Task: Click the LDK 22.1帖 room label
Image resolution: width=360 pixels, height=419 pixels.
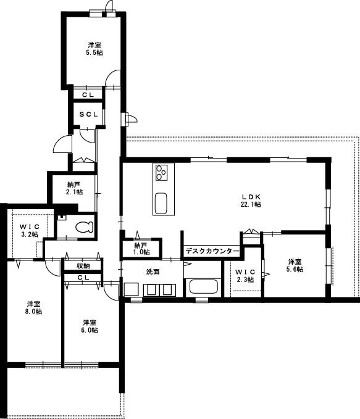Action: (251, 201)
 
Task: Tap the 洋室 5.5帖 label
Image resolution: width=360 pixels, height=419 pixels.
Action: (94, 49)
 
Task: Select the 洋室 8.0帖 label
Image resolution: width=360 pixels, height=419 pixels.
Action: (34, 307)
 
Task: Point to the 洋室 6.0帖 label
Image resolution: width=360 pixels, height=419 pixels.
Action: (90, 326)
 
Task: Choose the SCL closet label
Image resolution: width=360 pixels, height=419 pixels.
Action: (88, 115)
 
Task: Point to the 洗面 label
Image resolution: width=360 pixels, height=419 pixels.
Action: (153, 272)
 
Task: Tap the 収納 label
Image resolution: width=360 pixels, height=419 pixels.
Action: (83, 265)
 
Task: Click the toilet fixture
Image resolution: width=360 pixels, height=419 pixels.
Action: (83, 226)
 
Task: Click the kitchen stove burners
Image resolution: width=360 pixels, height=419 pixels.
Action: (162, 172)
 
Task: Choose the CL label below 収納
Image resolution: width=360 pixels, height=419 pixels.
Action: (83, 278)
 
